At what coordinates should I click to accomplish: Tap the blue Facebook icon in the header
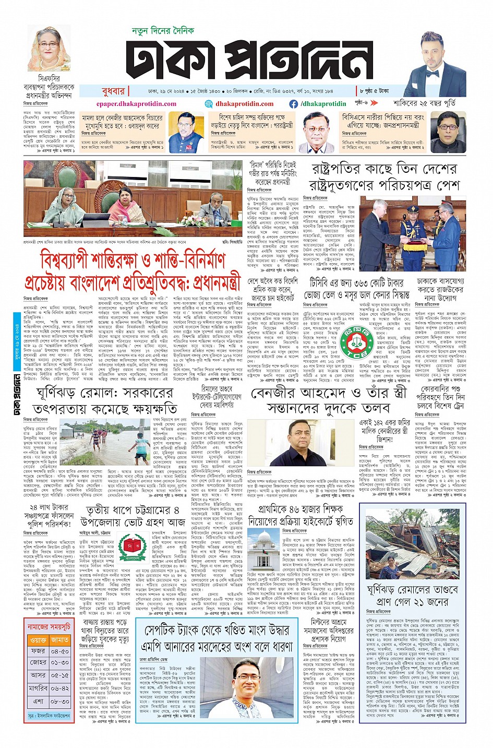(x=295, y=103)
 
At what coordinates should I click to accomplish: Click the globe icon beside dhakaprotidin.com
(x=209, y=103)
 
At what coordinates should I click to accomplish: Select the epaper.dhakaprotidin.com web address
(x=137, y=103)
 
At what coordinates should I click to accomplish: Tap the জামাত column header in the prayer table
(x=60, y=639)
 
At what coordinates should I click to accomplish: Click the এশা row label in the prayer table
(x=38, y=701)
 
